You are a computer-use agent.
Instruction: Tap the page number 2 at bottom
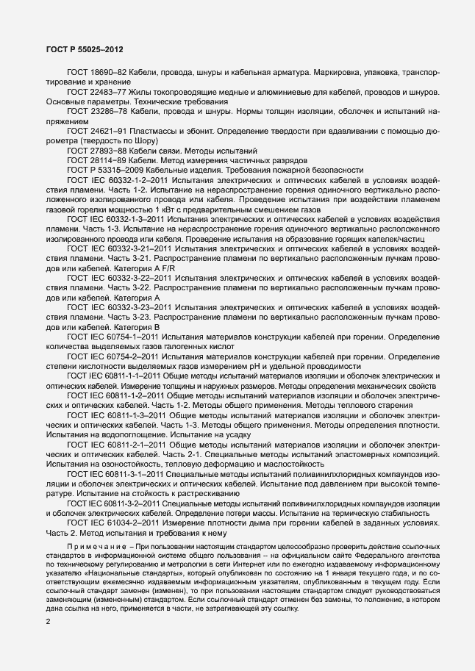48,622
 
